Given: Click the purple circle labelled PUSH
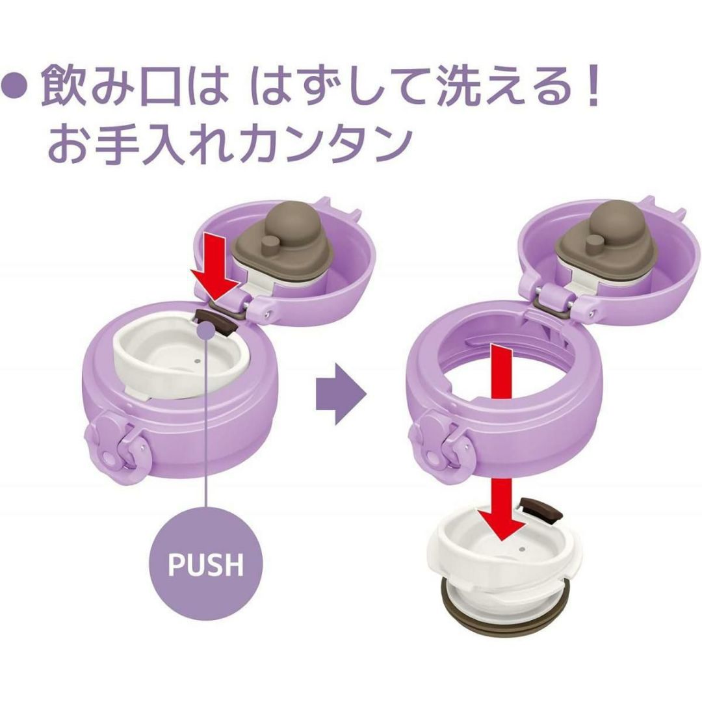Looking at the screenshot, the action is pos(206,563).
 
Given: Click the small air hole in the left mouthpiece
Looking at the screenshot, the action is pos(196,360).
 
